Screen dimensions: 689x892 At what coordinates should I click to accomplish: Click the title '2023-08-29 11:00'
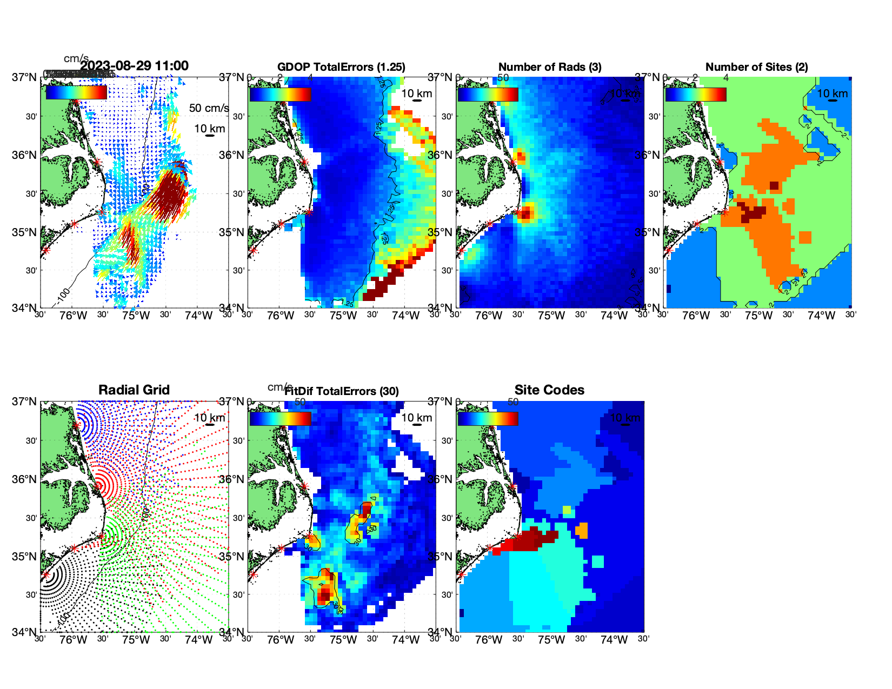click(x=134, y=66)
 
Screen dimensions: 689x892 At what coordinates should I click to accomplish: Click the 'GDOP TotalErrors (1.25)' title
click(x=341, y=67)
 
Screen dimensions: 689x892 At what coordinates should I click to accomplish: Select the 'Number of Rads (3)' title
click(x=550, y=67)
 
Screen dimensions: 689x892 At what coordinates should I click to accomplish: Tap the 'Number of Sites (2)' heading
click(x=756, y=67)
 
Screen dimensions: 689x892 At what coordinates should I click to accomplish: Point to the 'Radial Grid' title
click(x=134, y=390)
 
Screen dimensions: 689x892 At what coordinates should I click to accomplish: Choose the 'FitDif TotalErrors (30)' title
click(x=342, y=391)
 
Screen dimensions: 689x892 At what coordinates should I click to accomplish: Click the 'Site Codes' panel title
click(x=549, y=390)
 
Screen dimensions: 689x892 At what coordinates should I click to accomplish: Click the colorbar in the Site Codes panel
click(x=488, y=418)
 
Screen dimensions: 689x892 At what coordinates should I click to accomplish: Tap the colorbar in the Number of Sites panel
click(x=696, y=94)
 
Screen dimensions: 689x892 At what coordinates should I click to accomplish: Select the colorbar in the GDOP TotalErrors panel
click(x=280, y=94)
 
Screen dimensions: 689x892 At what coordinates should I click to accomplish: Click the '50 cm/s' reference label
click(x=209, y=108)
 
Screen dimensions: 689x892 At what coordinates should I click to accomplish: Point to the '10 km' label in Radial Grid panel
click(x=209, y=418)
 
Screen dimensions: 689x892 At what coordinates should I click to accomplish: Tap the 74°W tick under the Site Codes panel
click(x=614, y=640)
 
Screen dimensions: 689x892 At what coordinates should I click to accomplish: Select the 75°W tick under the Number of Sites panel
click(x=758, y=316)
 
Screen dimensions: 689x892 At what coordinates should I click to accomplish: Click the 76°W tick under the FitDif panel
click(x=281, y=640)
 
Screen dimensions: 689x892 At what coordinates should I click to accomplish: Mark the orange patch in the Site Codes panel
click(x=582, y=530)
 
